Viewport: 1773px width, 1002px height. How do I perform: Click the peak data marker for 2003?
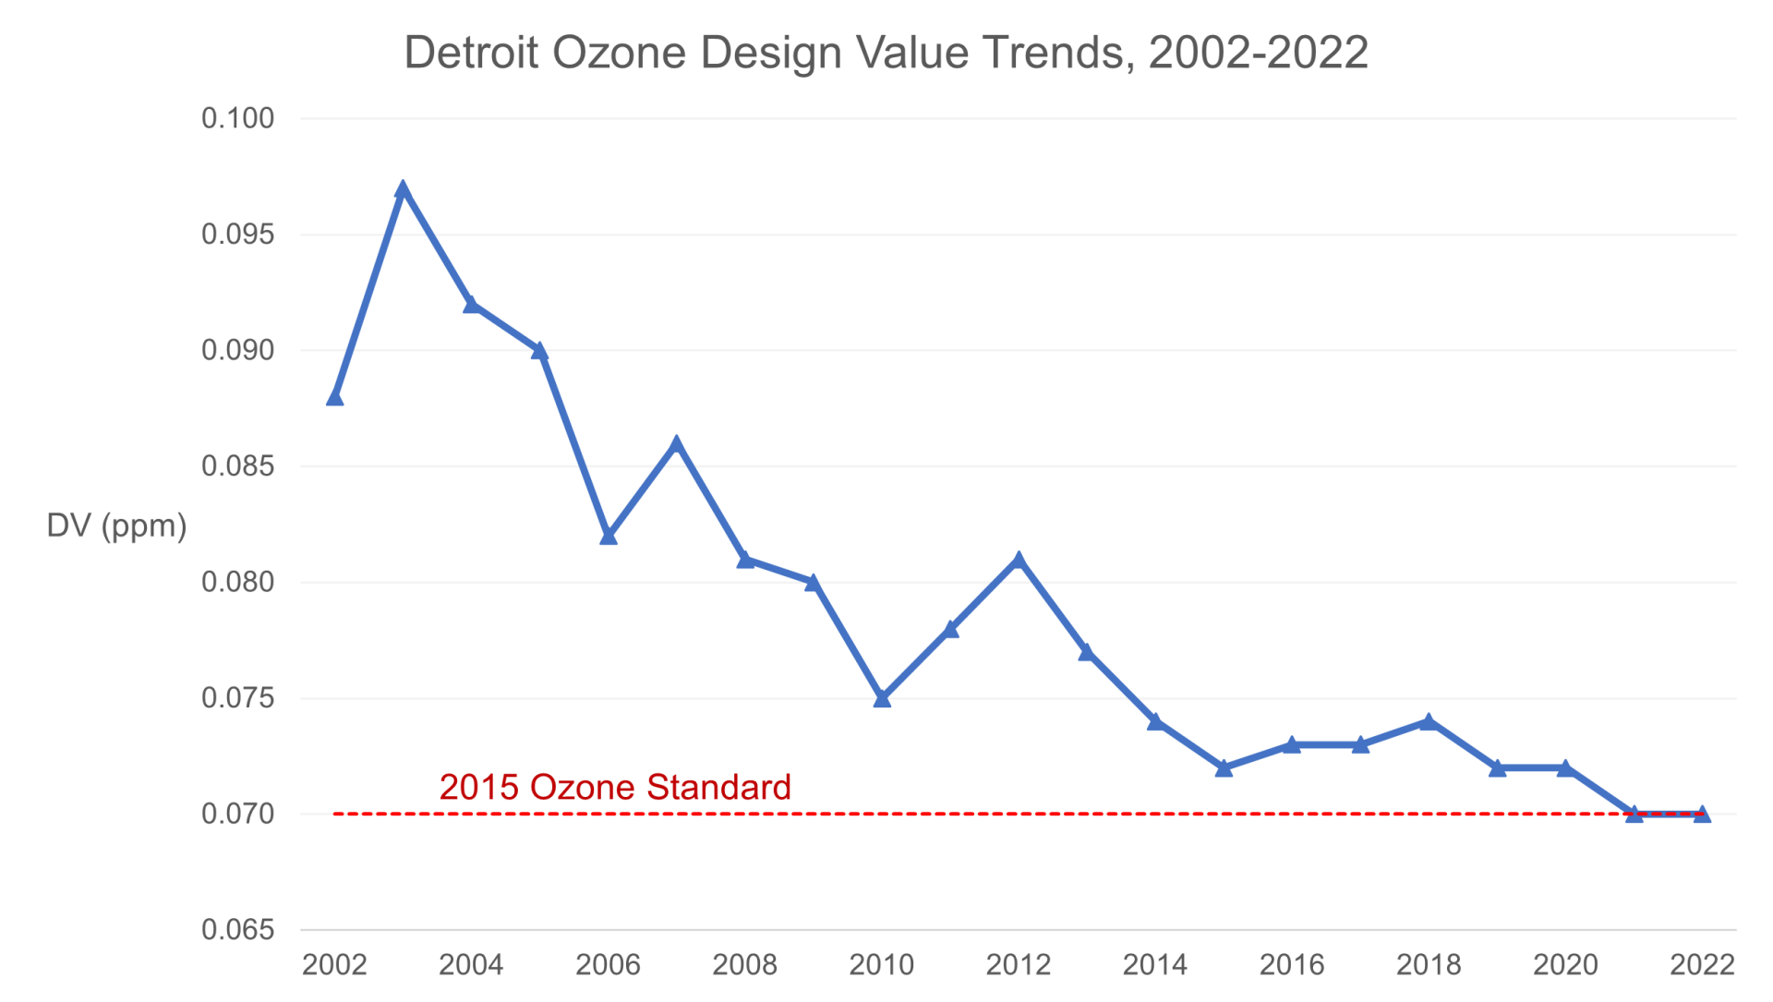coord(403,189)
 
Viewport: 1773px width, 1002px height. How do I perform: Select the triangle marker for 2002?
coord(334,398)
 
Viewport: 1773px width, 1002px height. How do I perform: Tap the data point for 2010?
coord(882,699)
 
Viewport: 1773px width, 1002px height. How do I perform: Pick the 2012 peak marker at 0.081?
coord(1019,561)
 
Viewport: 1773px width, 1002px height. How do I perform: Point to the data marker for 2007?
coord(676,444)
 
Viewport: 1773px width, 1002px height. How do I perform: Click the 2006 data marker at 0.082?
coord(608,537)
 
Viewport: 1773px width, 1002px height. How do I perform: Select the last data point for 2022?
coord(1702,815)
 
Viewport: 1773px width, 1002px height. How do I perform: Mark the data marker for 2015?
coord(1224,768)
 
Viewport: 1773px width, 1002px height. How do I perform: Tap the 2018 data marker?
coord(1429,722)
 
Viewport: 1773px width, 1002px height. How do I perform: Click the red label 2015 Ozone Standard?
coord(615,787)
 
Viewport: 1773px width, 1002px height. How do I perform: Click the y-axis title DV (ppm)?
coord(116,525)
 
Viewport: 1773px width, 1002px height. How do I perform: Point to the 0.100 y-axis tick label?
coord(238,118)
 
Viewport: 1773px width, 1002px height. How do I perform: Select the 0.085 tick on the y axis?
coord(238,466)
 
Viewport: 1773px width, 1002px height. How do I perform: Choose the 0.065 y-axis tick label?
coord(238,930)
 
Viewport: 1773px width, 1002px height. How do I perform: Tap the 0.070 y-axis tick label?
coord(238,814)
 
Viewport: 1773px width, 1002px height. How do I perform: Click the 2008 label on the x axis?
coord(744,965)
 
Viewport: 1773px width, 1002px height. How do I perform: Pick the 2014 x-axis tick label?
coord(1155,965)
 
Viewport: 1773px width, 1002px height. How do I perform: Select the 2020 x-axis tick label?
coord(1565,965)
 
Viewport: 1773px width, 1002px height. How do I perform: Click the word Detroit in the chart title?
coord(471,53)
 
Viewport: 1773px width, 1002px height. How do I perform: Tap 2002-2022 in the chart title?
coord(1259,53)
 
